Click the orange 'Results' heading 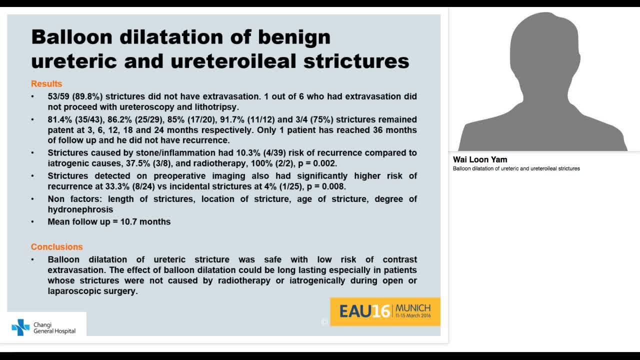click(x=46, y=84)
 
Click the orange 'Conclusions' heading click(x=56, y=247)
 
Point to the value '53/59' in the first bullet click(x=58, y=96)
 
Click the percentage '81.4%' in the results click(x=60, y=119)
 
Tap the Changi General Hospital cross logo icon click(x=20, y=327)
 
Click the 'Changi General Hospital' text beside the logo click(x=54, y=328)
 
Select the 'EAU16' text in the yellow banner click(x=364, y=311)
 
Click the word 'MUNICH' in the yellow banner click(x=412, y=307)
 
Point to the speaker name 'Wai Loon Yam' click(x=480, y=160)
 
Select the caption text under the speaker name click(x=516, y=169)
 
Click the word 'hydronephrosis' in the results click(x=80, y=209)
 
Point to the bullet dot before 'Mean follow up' click(x=33, y=222)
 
